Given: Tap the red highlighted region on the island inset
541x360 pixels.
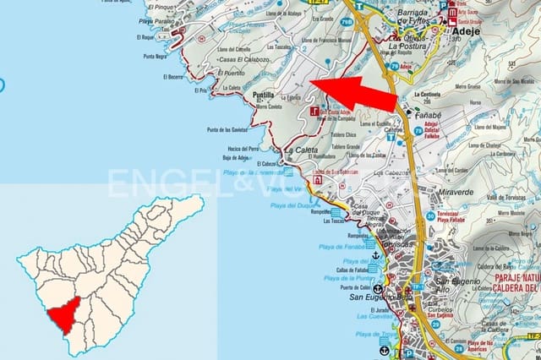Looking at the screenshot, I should [x=64, y=319].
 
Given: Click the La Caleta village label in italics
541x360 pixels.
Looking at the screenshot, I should [x=300, y=150].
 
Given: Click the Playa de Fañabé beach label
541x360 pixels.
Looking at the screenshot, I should [x=342, y=246].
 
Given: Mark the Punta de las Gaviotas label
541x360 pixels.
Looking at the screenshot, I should [x=227, y=130].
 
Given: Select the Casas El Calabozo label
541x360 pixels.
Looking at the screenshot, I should [x=244, y=60].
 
